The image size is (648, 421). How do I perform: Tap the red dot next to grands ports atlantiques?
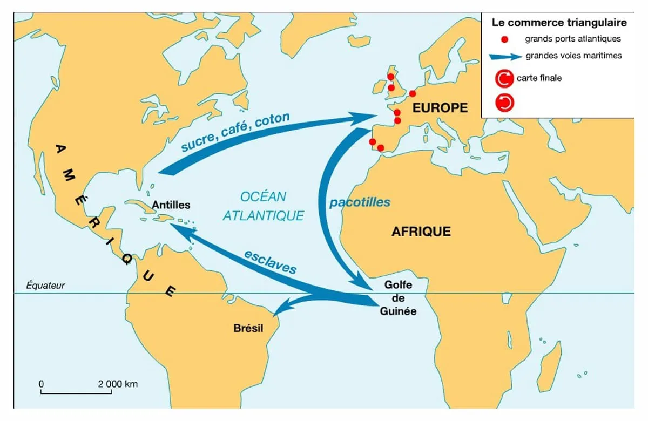tap(504, 39)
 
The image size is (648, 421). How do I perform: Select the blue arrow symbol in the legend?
tap(505, 56)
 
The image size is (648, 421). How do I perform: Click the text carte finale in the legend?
tap(539, 78)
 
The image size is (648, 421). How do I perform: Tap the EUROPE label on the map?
tap(440, 108)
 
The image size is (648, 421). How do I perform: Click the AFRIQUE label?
tap(421, 232)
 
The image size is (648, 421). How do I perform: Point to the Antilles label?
tap(171, 205)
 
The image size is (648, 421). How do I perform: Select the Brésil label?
tap(248, 328)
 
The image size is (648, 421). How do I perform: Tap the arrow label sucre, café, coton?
tap(235, 132)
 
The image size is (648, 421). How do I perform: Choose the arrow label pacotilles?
tap(360, 203)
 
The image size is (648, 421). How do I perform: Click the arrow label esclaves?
tap(270, 262)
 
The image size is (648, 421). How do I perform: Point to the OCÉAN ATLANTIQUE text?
tap(263, 206)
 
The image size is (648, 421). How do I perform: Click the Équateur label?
tap(45, 286)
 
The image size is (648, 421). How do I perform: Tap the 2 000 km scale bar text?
tap(117, 384)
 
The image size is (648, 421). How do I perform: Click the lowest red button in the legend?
tap(504, 103)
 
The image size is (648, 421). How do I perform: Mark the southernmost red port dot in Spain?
tap(381, 148)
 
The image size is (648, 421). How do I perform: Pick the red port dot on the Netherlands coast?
tap(413, 93)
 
